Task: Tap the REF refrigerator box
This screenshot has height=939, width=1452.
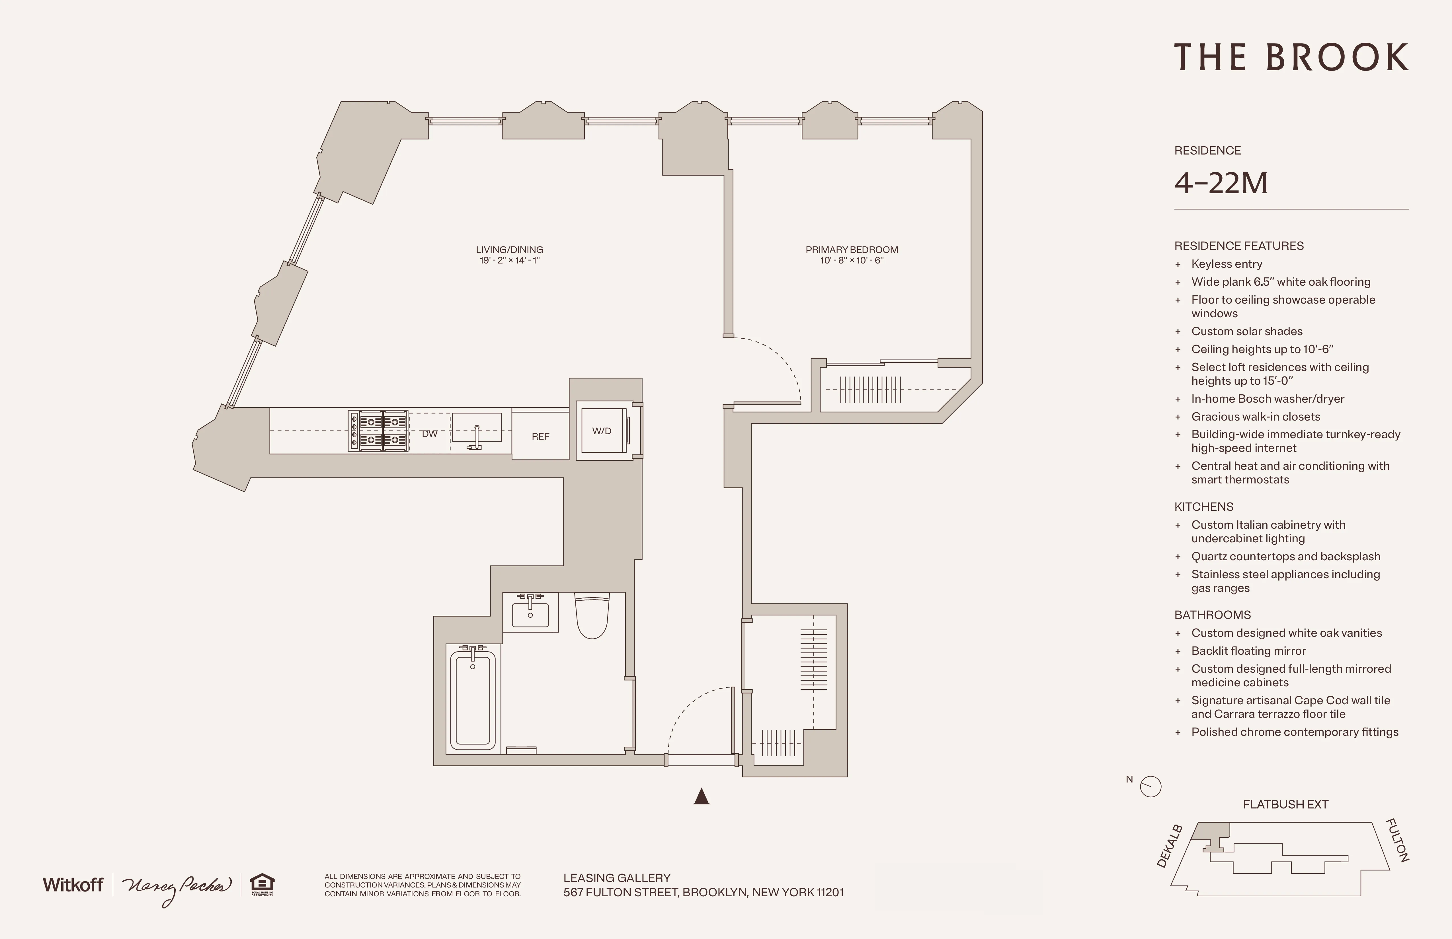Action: point(540,436)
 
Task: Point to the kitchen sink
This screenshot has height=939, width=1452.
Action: point(477,428)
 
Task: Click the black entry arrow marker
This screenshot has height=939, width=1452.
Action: point(702,796)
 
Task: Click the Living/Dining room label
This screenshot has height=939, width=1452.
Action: point(509,249)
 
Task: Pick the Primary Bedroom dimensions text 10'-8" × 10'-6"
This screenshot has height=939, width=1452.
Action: point(852,260)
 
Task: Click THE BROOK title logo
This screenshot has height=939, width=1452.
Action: point(1291,58)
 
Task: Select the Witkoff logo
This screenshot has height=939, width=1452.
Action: point(73,885)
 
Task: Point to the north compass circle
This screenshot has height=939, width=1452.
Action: point(1150,786)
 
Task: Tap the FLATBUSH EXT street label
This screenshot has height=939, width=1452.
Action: point(1285,804)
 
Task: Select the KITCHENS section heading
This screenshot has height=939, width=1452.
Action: point(1204,507)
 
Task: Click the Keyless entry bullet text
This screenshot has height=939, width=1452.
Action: point(1226,264)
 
